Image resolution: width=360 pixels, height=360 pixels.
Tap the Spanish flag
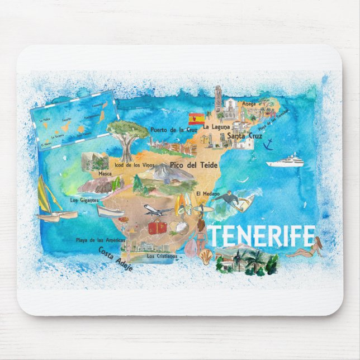click(196, 119)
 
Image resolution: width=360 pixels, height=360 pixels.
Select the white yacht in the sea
click(285, 162)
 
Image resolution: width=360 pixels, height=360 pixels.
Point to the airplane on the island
click(157, 210)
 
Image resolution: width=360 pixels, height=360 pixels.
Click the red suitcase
click(157, 228)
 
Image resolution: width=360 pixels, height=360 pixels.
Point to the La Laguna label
click(216, 127)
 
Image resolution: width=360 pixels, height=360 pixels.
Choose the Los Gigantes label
click(84, 200)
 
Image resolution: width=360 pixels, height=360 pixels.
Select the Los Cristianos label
click(162, 256)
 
